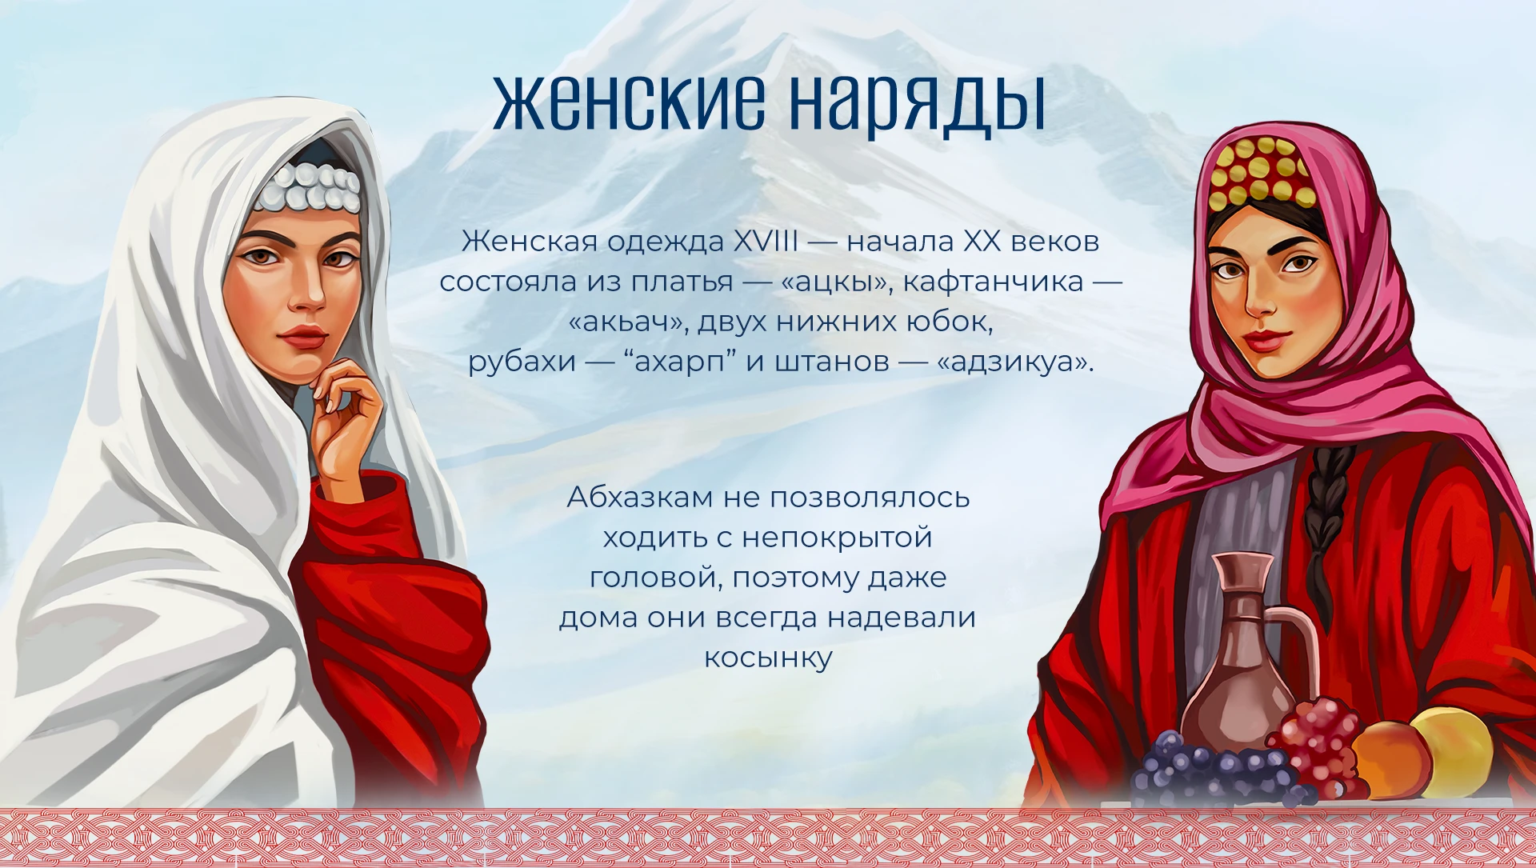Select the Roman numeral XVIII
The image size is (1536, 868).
(x=766, y=241)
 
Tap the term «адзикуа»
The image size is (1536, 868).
(x=1014, y=362)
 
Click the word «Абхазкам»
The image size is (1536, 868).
(x=639, y=498)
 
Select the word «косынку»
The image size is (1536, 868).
(x=768, y=658)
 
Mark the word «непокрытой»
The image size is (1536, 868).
(x=837, y=538)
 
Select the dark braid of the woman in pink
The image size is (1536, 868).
(x=1329, y=520)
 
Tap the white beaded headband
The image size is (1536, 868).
(x=306, y=188)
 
